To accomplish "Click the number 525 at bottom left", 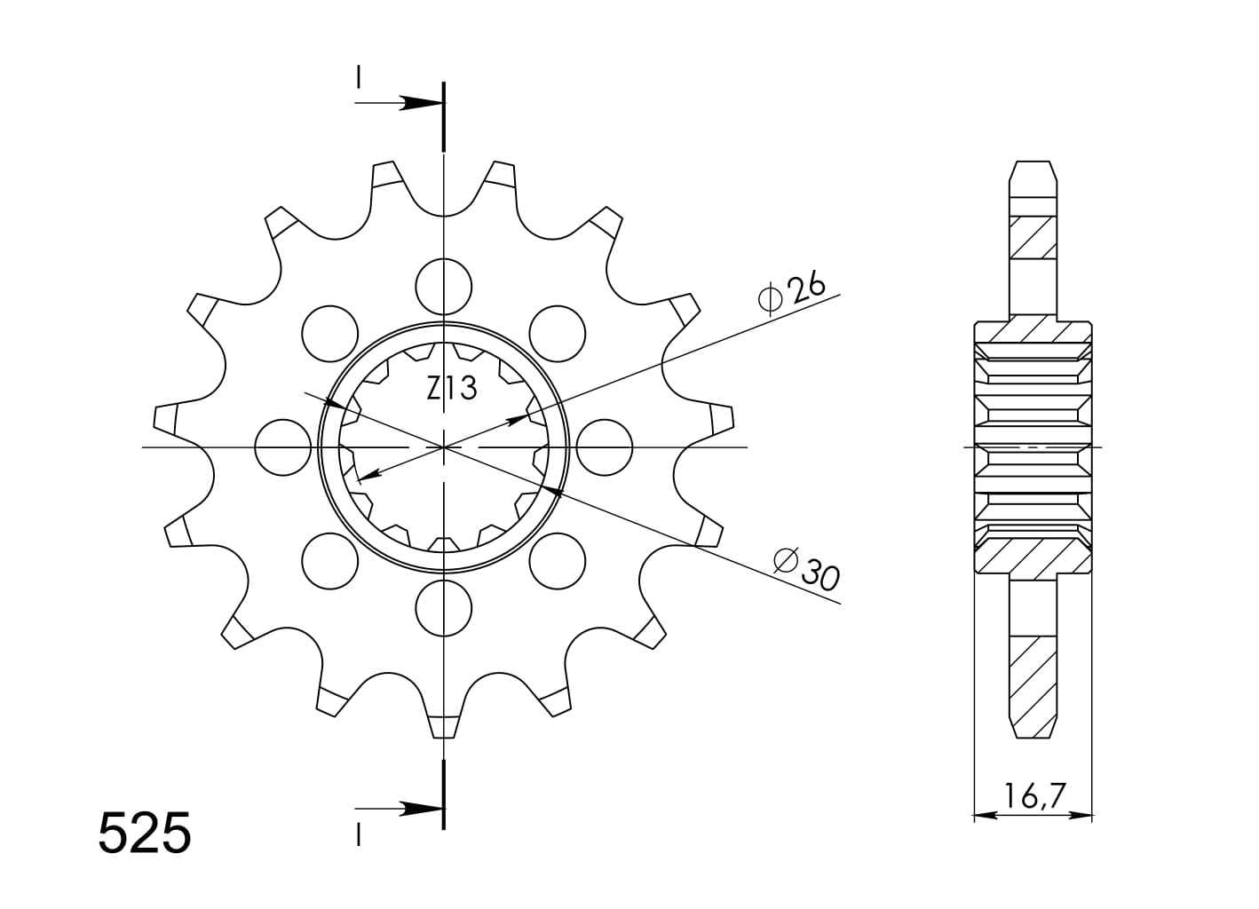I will tap(144, 833).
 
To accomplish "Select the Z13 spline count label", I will tap(451, 389).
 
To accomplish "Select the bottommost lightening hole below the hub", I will tap(443, 608).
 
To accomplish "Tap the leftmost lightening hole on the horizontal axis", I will tap(282, 447).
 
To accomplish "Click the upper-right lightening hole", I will tap(558, 333).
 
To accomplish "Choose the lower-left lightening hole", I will tap(329, 561).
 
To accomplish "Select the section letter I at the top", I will tap(358, 78).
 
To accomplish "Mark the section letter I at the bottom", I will tap(358, 835).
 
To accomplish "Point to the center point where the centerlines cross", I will tap(443, 447).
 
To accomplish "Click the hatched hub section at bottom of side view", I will tap(1033, 556).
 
